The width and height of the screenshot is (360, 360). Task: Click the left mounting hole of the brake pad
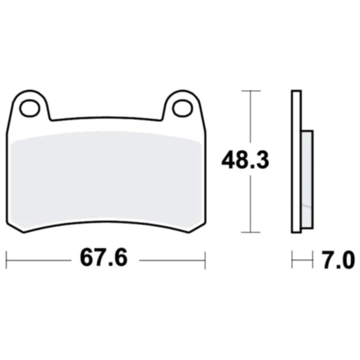click(29, 108)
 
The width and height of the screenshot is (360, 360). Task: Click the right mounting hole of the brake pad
click(181, 108)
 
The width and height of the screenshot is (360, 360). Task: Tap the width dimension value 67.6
click(106, 260)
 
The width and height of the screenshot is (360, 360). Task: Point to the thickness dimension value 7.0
click(337, 260)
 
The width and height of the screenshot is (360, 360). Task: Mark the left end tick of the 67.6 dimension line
click(6, 260)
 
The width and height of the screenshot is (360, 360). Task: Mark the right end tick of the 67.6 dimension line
click(205, 260)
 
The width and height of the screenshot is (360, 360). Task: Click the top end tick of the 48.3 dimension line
click(250, 90)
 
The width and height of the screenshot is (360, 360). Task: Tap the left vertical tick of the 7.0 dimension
click(292, 260)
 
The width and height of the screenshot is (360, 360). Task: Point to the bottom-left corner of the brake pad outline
click(24, 231)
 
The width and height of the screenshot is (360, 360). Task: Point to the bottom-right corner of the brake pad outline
click(188, 231)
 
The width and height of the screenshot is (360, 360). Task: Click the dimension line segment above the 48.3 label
click(250, 118)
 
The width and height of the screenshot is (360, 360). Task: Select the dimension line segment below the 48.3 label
click(250, 204)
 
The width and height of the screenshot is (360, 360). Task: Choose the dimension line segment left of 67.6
click(38, 260)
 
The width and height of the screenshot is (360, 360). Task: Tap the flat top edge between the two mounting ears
click(105, 118)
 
